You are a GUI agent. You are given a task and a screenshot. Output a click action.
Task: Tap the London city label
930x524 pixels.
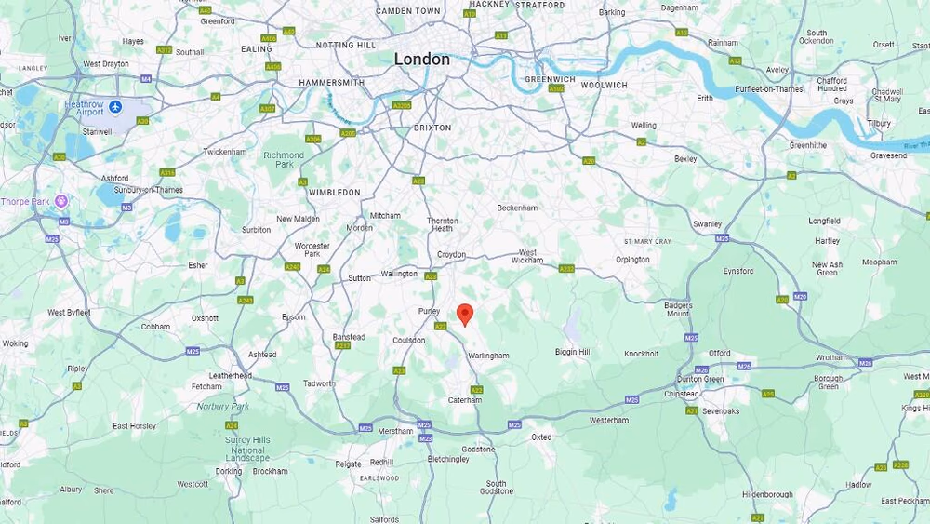pyautogui.click(x=421, y=60)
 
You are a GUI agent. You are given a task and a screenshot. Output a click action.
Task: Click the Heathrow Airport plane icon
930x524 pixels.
pyautogui.click(x=115, y=107)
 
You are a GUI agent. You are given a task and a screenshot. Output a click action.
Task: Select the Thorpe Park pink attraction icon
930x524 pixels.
pyautogui.click(x=61, y=201)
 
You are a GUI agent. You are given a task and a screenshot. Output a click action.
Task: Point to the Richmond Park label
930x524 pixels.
pyautogui.click(x=284, y=159)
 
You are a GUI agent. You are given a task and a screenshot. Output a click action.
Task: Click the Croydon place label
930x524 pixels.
pyautogui.click(x=451, y=254)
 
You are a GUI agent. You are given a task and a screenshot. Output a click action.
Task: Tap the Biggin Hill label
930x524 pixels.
pyautogui.click(x=572, y=353)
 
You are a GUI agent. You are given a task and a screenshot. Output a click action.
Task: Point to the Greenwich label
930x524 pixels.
pyautogui.click(x=549, y=80)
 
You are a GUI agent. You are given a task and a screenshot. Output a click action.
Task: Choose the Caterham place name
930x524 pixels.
pyautogui.click(x=465, y=400)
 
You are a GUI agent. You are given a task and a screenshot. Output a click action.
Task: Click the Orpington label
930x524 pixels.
pyautogui.click(x=632, y=260)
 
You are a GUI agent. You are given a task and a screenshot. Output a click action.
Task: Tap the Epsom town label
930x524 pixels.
pyautogui.click(x=293, y=317)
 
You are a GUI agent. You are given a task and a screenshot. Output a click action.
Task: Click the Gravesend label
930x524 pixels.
pyautogui.click(x=887, y=155)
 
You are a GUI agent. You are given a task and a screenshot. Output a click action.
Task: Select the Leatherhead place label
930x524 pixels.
pyautogui.click(x=230, y=376)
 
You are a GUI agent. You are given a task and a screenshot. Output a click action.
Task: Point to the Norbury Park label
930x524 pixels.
pyautogui.click(x=222, y=406)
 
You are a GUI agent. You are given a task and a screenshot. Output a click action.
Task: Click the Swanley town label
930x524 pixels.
pyautogui.click(x=707, y=224)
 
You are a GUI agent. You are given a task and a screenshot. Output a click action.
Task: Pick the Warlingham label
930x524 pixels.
pyautogui.click(x=488, y=356)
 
